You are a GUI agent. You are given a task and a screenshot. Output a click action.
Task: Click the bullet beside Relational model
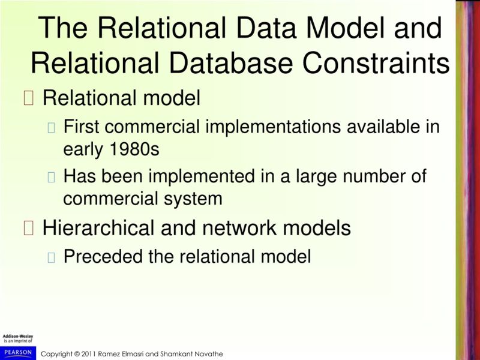pos(29,98)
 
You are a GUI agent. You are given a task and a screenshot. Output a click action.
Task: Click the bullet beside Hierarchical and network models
pos(29,228)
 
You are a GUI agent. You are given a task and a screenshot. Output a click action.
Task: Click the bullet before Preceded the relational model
pos(52,257)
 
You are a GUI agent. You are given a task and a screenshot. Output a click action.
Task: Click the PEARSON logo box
pos(17,352)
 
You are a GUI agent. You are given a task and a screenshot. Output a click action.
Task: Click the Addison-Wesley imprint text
pos(18,338)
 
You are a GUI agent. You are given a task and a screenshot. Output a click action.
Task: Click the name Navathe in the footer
pos(208,354)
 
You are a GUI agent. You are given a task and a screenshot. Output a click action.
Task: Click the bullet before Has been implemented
pos(52,177)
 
